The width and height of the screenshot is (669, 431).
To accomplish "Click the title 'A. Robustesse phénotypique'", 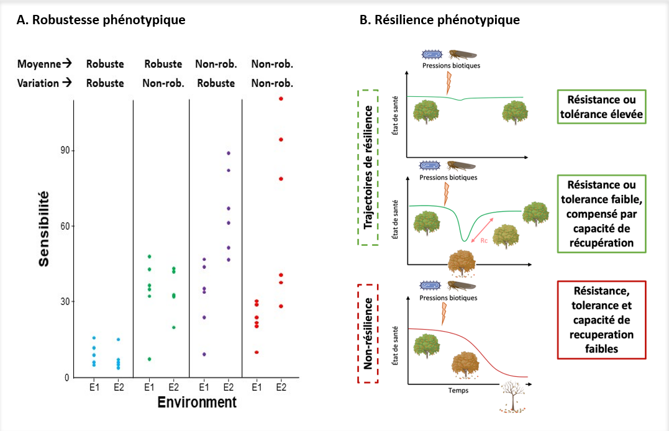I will click(101, 20).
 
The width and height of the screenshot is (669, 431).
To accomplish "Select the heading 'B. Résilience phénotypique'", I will click(440, 20).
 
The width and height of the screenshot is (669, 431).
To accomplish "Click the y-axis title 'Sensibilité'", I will click(44, 229).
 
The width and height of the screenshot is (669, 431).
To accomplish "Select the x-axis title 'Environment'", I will click(197, 402).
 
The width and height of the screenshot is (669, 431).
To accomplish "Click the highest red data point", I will click(281, 99).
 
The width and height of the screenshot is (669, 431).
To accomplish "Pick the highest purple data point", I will click(229, 153).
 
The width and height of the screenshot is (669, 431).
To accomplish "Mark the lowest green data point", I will click(149, 359).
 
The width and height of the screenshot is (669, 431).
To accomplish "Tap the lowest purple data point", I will click(204, 354).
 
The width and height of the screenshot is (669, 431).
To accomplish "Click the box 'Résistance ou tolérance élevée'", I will click(601, 107).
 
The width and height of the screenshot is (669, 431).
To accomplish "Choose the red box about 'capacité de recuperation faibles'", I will click(601, 319).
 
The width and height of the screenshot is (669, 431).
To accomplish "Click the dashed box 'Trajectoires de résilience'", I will click(368, 166).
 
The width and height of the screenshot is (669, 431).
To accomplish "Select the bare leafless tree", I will click(513, 398).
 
